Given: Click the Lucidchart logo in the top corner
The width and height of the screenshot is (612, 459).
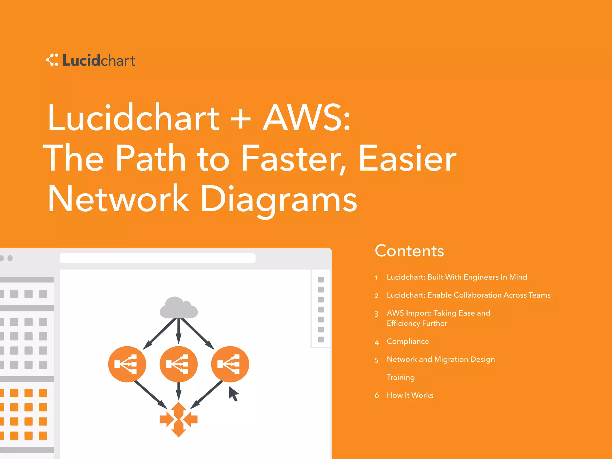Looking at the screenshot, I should [x=91, y=60].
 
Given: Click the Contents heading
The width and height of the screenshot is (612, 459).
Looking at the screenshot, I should [x=409, y=251].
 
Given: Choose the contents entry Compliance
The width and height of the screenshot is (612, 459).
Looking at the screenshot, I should [x=408, y=341].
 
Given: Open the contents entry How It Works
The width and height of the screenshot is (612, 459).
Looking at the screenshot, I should [x=410, y=395].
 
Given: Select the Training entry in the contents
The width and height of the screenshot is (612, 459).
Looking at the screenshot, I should [x=400, y=377].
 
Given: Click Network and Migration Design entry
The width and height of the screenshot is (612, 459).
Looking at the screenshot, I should [x=440, y=359].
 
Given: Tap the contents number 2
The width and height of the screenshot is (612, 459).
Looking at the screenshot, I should [x=377, y=296].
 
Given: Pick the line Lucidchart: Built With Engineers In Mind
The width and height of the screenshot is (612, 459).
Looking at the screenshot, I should [x=457, y=277].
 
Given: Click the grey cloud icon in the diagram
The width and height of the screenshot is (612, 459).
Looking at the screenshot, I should [x=179, y=308].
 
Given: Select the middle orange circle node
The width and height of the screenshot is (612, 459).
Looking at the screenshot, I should [x=179, y=364].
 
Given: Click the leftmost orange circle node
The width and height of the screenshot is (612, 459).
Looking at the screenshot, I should [x=127, y=364].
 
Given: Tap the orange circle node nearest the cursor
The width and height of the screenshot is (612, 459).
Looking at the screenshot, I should [x=230, y=364].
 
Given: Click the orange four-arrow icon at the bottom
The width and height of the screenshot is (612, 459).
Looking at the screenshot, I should [x=179, y=419].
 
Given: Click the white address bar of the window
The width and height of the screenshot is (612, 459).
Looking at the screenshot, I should [x=158, y=258].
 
